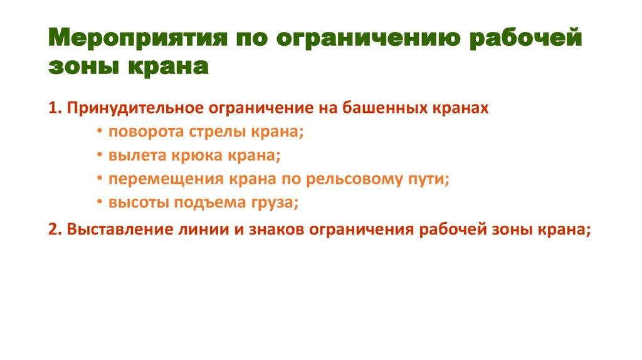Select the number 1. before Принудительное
point(54,108)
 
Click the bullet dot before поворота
point(101,132)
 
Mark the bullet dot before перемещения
point(101,179)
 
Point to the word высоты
point(133,203)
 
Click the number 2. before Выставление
point(54,228)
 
